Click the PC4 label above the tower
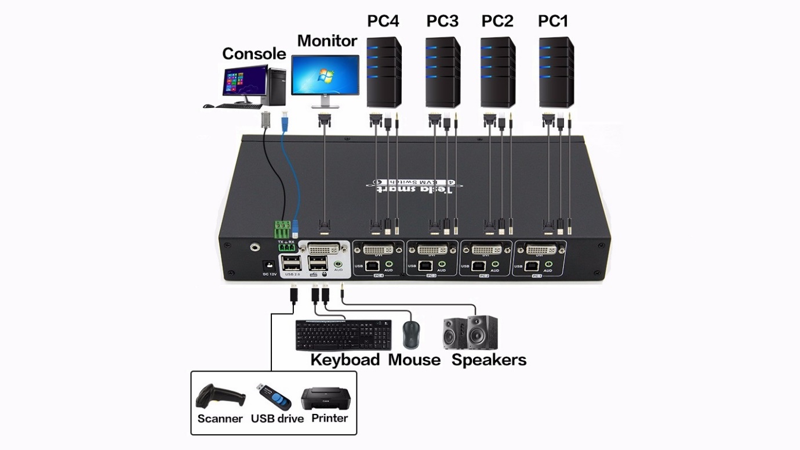(383, 21)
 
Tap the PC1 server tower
(557, 72)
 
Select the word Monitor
(327, 41)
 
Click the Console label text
(254, 54)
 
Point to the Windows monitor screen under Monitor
(325, 75)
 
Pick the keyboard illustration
(343, 335)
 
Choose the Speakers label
(489, 360)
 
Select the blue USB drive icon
(275, 397)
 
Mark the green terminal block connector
(284, 228)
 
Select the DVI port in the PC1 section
(540, 250)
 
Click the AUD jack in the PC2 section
(494, 264)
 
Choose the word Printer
(329, 418)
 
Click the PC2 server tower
(498, 72)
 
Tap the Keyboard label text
(345, 360)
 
